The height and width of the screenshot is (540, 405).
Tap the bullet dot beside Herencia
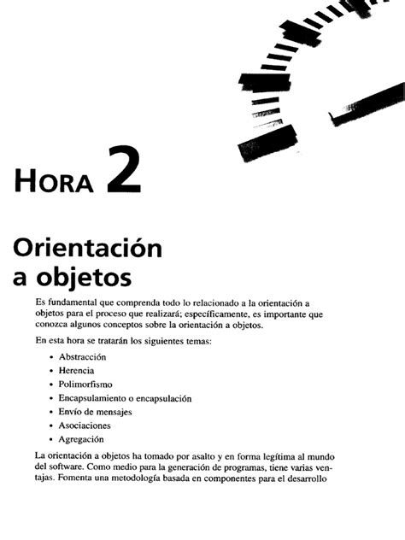tap(52, 371)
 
